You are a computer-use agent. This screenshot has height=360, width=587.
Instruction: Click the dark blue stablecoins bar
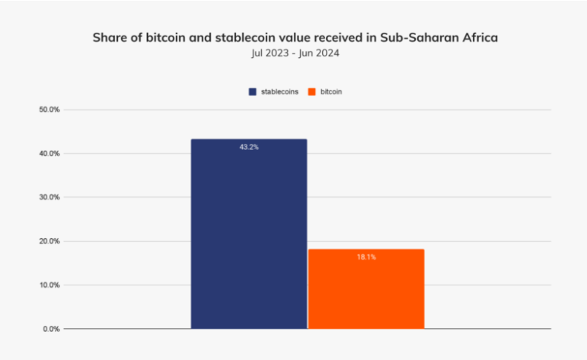tap(249, 236)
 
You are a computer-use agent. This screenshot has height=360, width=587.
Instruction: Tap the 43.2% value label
tap(249, 147)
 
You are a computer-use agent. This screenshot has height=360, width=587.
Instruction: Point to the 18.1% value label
tap(366, 257)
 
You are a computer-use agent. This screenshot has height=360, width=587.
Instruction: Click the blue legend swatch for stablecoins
tap(252, 92)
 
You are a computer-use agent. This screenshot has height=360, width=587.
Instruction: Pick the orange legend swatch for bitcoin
tap(311, 92)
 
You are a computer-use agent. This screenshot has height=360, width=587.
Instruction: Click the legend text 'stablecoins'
tap(278, 92)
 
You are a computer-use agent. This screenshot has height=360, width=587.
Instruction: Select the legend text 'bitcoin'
tap(332, 92)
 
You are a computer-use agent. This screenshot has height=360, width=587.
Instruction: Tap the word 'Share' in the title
tap(110, 37)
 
